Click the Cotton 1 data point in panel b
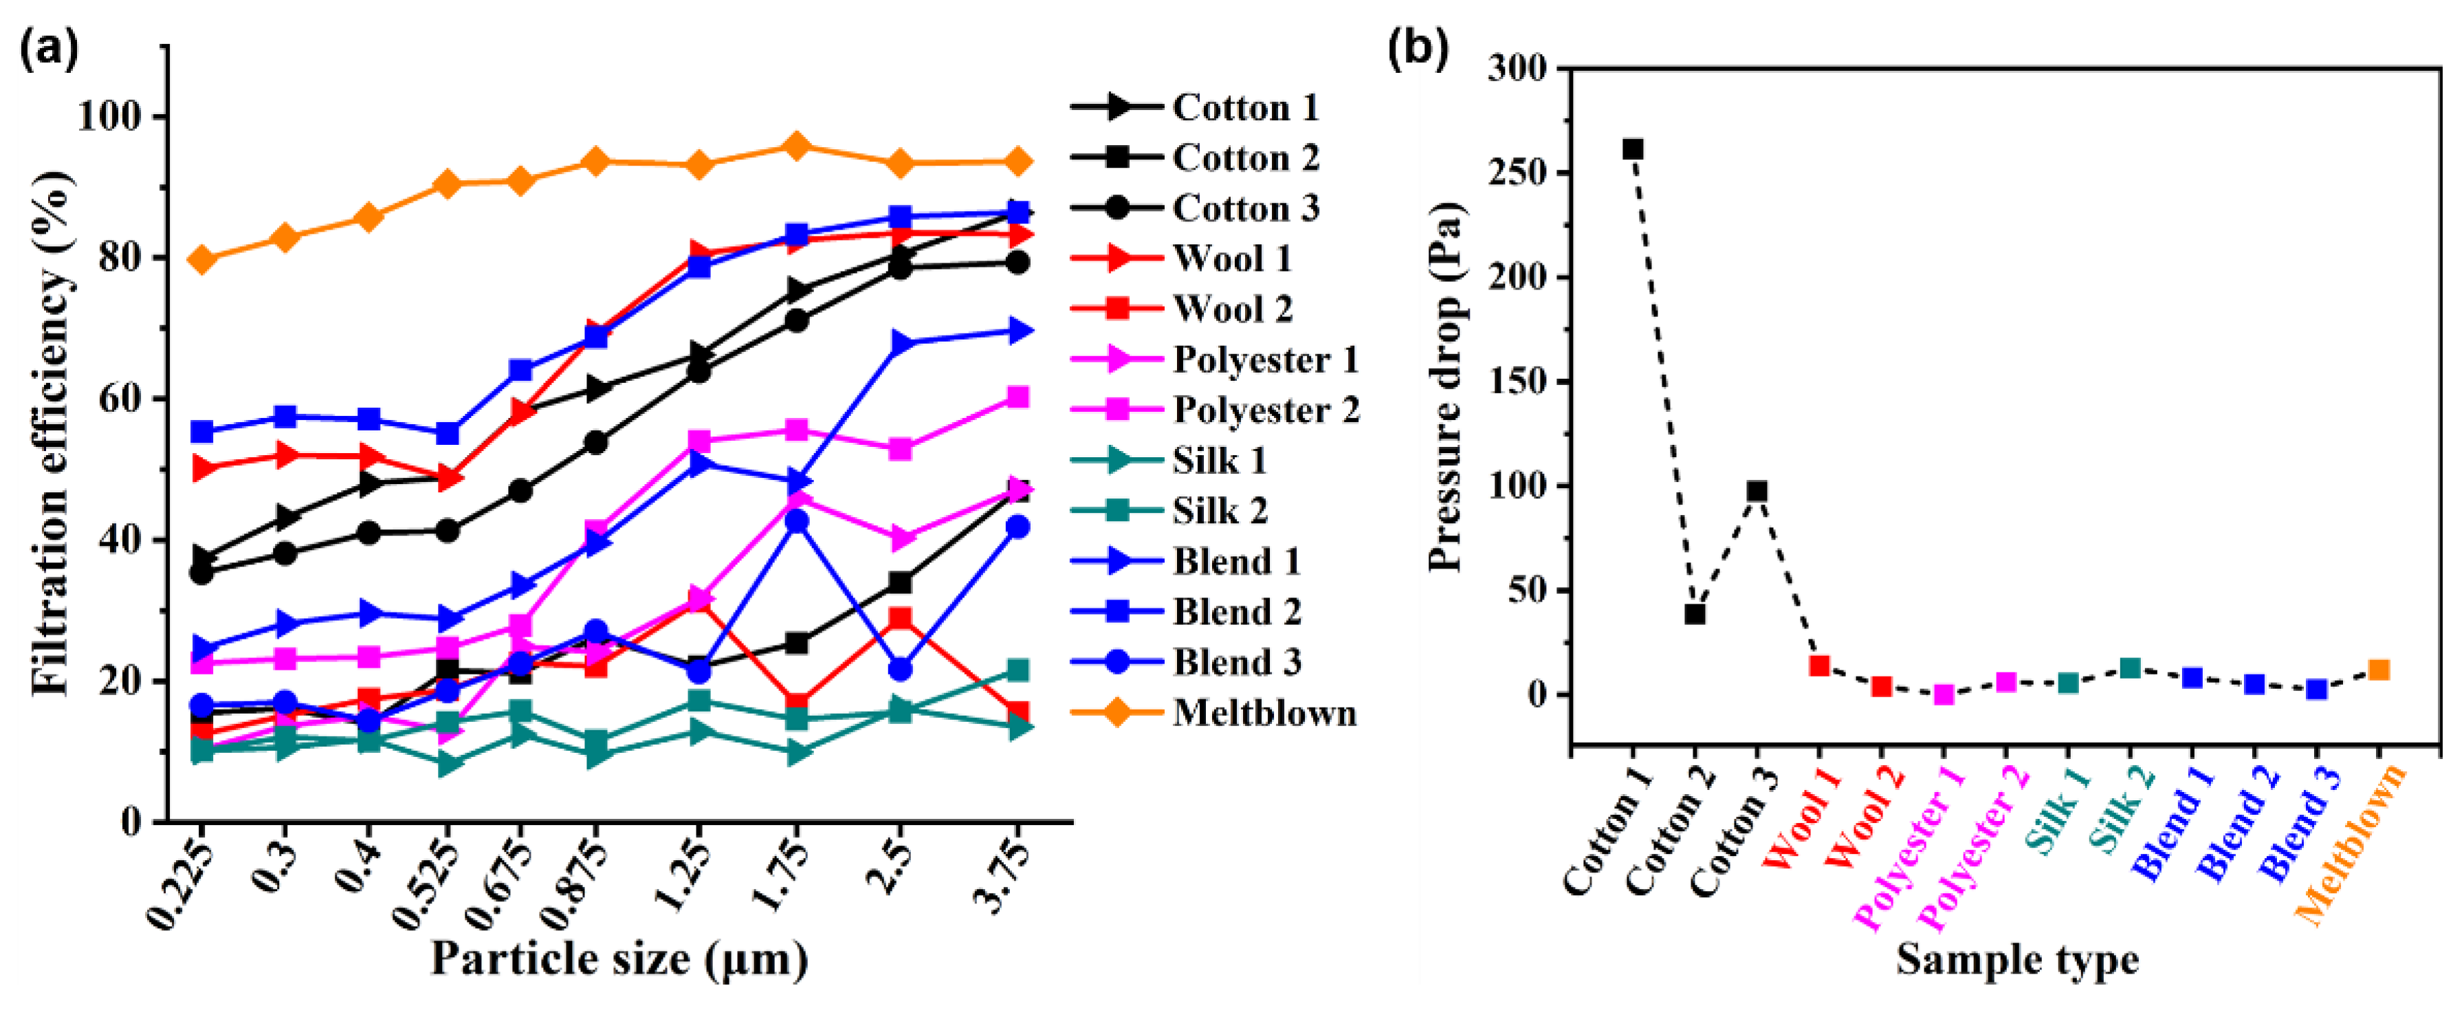[1633, 149]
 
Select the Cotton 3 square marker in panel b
[1757, 492]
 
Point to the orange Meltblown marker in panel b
[2379, 670]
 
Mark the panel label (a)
[48, 48]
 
